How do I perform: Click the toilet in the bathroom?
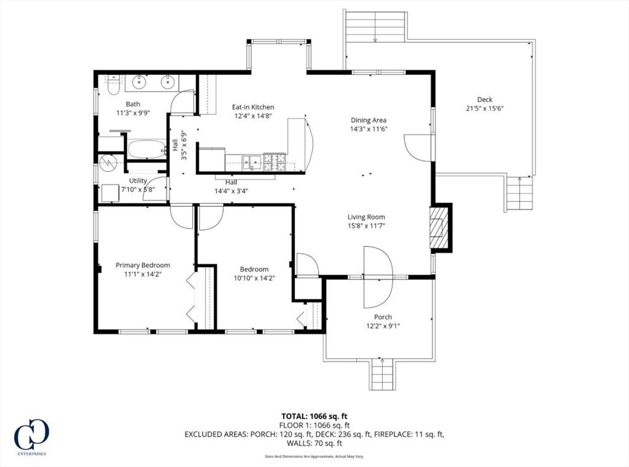(x=112, y=85)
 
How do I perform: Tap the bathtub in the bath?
(x=147, y=149)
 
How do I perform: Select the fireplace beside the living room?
(x=438, y=228)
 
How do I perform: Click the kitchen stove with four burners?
(x=274, y=161)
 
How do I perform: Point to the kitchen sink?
(x=252, y=162)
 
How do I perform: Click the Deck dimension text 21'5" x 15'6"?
(x=485, y=109)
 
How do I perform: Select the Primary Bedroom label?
(x=143, y=265)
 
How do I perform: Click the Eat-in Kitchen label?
(x=252, y=107)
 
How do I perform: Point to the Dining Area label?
(x=369, y=120)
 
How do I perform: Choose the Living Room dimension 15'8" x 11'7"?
(x=366, y=226)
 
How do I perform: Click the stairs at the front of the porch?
(x=382, y=374)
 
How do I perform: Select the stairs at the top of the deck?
(x=375, y=26)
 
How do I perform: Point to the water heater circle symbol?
(x=108, y=163)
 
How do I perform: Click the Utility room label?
(x=138, y=180)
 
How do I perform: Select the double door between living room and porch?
(x=378, y=277)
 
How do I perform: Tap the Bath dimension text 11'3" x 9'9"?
(x=133, y=113)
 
